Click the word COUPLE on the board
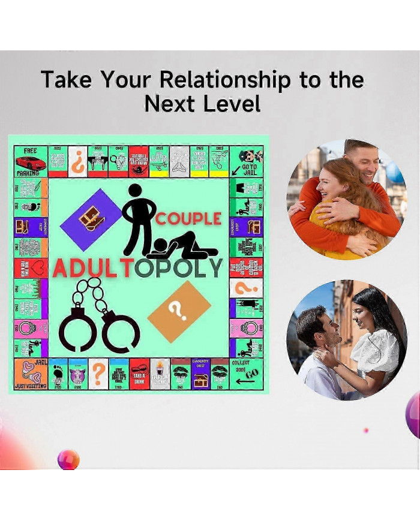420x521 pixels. (188, 219)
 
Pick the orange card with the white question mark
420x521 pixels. (179, 311)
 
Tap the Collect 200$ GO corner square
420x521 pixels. (246, 374)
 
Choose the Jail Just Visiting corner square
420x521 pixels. (31, 374)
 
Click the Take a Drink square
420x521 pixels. (139, 374)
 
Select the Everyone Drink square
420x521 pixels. (160, 374)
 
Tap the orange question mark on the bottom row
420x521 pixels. (98, 374)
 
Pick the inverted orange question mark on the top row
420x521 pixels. (77, 162)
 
